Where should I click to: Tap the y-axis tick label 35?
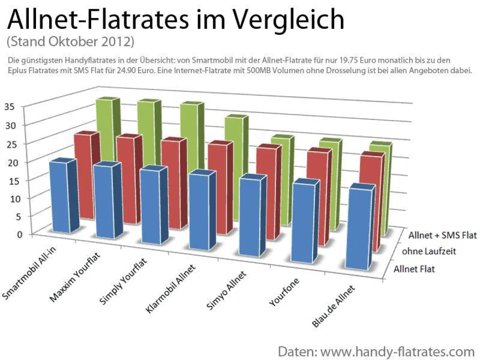pos(10,106)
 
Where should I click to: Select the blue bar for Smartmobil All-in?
pos(58,196)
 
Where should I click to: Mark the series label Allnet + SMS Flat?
pos(443,235)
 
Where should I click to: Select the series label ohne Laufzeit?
pos(429,252)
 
